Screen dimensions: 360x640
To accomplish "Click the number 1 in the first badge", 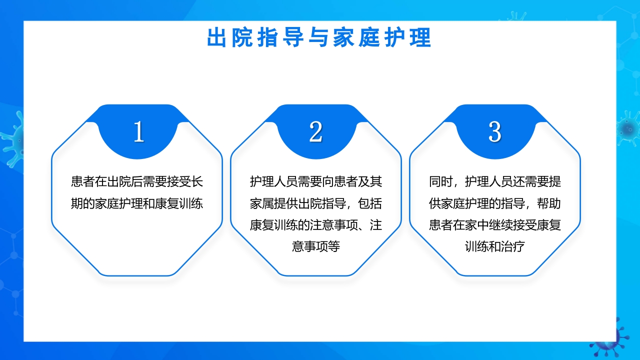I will point(138,132).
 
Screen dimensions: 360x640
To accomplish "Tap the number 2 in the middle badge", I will point(315,132).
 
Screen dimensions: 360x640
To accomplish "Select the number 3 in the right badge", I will point(494,132).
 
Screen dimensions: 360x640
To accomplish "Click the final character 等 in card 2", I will point(334,246).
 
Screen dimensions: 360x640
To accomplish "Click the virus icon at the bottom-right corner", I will point(607,340).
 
